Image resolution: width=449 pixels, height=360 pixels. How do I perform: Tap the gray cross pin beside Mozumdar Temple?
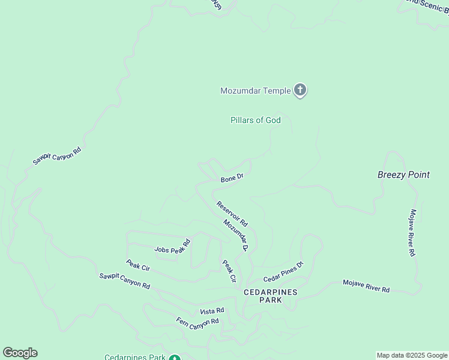click(300, 91)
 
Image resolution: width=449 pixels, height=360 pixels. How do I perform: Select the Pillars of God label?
click(256, 120)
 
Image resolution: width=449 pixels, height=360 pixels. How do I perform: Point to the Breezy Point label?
click(403, 175)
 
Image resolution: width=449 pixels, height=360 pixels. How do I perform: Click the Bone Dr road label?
click(232, 178)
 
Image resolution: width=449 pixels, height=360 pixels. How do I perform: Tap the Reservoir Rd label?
click(232, 214)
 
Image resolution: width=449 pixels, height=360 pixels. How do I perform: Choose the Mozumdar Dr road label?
click(236, 235)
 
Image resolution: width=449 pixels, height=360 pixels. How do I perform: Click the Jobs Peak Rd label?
click(172, 246)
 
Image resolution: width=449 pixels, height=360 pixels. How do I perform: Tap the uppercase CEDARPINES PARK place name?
click(271, 296)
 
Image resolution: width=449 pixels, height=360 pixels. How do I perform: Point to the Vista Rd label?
click(212, 311)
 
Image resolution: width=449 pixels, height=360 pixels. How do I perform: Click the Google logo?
click(20, 353)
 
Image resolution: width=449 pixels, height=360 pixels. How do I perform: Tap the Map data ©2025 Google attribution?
click(412, 355)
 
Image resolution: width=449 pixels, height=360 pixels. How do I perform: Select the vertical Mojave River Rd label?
click(412, 233)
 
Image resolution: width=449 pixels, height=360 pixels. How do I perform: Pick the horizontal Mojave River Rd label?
click(366, 286)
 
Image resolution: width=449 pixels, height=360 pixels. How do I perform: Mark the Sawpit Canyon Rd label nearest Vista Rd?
click(125, 280)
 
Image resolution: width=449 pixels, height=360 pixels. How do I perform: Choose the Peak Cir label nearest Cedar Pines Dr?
click(229, 271)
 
